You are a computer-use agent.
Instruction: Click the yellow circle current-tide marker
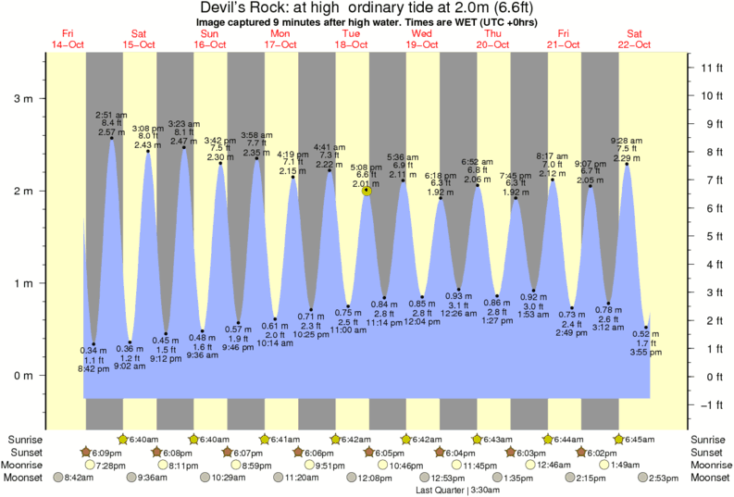367,192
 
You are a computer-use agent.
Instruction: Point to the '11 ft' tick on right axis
711,68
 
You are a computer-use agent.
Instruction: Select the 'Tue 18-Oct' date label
351,38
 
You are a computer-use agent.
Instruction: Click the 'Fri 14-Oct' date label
68,38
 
